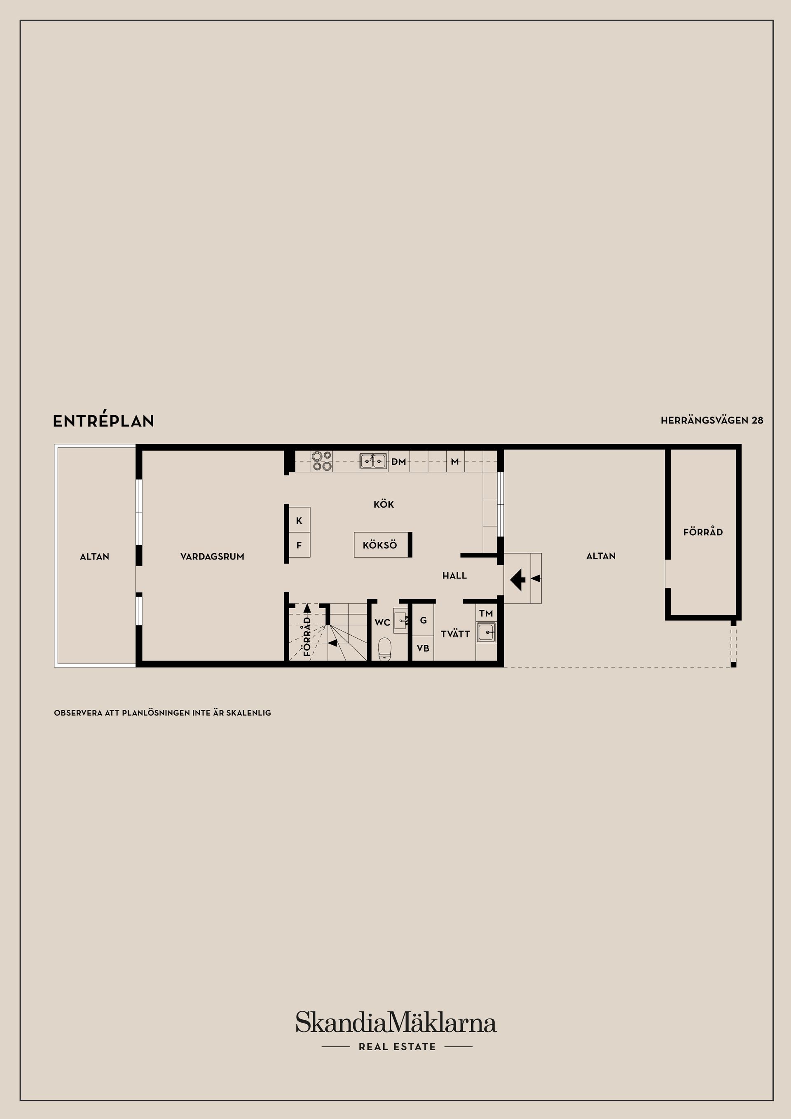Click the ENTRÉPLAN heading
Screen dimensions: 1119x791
[x=103, y=421]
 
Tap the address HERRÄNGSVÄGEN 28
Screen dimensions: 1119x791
[x=711, y=420]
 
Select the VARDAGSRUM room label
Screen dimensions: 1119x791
[x=212, y=557]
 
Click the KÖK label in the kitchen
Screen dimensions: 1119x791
[x=384, y=504]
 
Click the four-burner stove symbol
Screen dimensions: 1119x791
[x=322, y=461]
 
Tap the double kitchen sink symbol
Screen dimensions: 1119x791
[x=373, y=461]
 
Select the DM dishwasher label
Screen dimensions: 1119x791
[x=399, y=461]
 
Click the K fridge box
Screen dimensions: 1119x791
[x=299, y=520]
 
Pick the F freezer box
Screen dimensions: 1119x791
[x=299, y=545]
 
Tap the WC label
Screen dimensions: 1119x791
[x=382, y=623]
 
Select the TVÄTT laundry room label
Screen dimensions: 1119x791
[x=455, y=634]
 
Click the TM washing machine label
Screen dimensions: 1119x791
[x=486, y=613]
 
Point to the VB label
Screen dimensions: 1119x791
[x=423, y=648]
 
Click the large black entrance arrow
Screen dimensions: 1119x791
[x=517, y=579]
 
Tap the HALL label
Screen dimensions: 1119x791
[x=454, y=576]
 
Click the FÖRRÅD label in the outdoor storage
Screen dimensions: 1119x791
[x=703, y=532]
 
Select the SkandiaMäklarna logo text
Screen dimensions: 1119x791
[x=396, y=1023]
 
